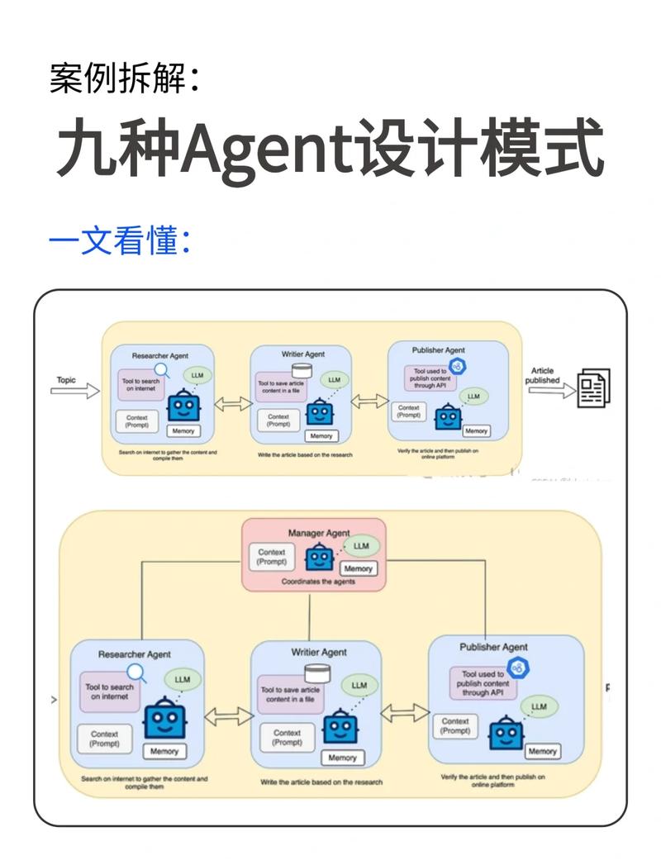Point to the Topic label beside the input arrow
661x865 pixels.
(66, 380)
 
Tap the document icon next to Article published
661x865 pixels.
(594, 388)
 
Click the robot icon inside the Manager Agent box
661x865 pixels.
(318, 558)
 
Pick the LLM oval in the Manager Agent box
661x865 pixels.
(361, 546)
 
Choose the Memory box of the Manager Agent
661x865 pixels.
(359, 568)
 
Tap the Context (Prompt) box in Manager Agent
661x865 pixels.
(272, 557)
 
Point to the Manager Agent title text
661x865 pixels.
(318, 533)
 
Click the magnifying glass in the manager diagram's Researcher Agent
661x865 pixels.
(137, 673)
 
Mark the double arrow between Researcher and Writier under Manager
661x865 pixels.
(227, 716)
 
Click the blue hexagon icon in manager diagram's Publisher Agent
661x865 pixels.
(519, 668)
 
